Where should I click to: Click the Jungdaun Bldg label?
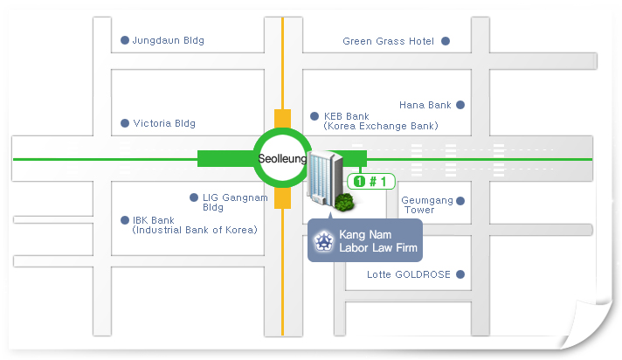(x=169, y=40)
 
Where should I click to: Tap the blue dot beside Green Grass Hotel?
(x=446, y=41)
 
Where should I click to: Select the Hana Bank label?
(x=425, y=105)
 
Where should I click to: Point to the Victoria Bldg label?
(x=164, y=123)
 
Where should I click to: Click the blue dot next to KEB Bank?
(x=314, y=116)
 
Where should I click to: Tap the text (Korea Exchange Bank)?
(x=381, y=126)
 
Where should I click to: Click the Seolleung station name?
(x=282, y=159)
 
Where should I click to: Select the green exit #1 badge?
(x=371, y=182)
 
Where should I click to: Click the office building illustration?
(x=324, y=178)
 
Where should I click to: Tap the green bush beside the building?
(x=343, y=202)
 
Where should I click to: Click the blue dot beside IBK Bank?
(x=125, y=220)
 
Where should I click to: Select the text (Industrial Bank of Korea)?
(x=195, y=230)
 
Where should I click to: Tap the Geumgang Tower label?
(x=427, y=205)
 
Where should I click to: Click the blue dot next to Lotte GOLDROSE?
(x=460, y=274)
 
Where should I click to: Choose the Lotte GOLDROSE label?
(x=409, y=274)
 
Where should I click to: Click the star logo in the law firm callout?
(x=324, y=241)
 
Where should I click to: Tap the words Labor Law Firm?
(x=378, y=247)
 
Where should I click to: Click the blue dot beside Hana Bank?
(x=460, y=105)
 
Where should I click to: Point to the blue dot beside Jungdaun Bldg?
(x=125, y=40)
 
